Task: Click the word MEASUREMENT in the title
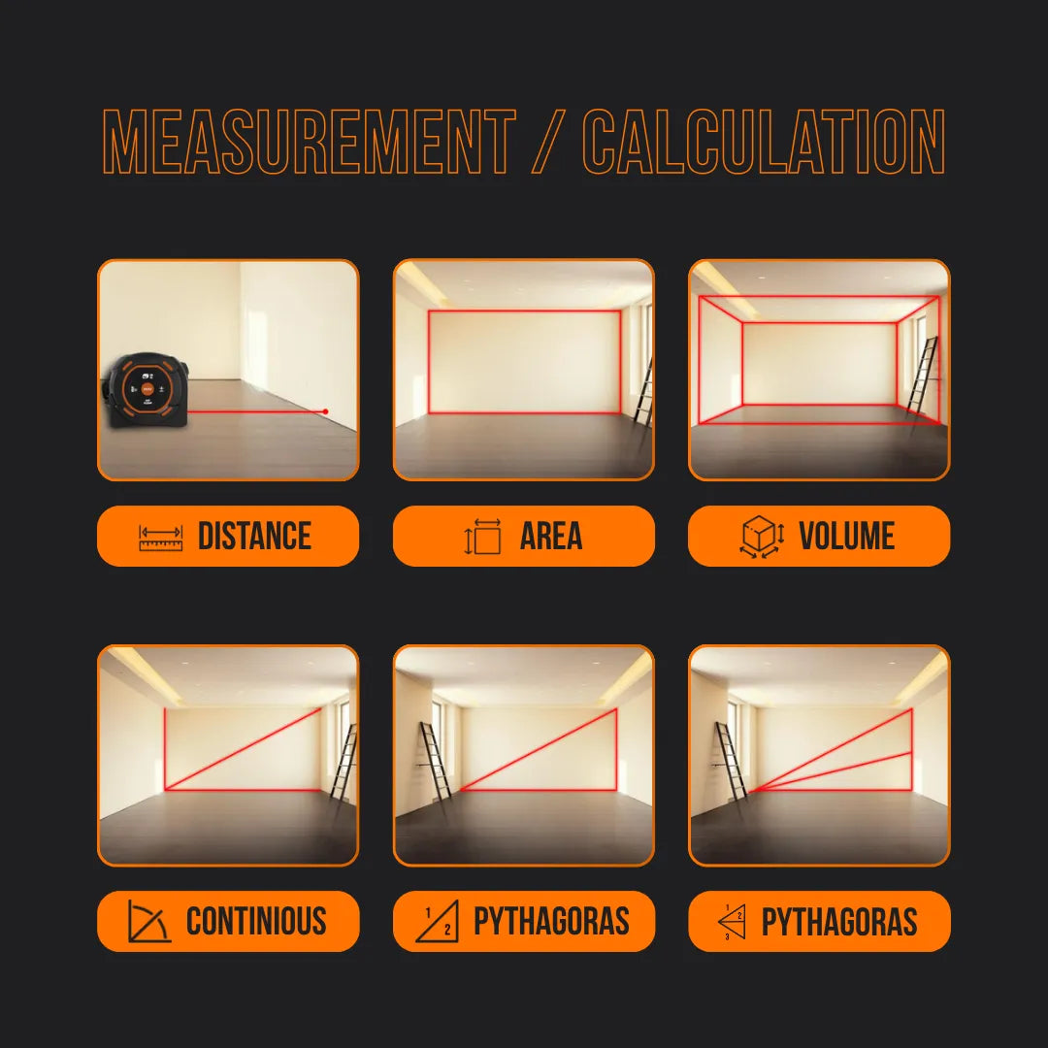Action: (309, 143)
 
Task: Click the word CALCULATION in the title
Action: (763, 143)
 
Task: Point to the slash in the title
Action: (548, 143)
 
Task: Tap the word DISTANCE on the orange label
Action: (254, 537)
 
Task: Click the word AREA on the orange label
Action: (550, 537)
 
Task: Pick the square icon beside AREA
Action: (483, 537)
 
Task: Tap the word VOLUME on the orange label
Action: (846, 537)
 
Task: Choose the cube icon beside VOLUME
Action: (762, 537)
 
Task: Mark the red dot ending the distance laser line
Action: (325, 411)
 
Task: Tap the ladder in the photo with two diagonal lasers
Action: (731, 761)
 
